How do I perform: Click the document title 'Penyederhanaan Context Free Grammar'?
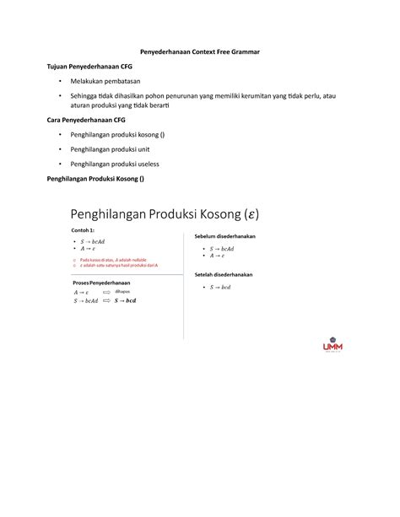coord(200,52)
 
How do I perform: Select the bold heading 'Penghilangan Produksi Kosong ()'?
coord(95,179)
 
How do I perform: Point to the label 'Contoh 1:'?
coord(84,229)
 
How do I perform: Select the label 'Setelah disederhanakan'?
coord(224,275)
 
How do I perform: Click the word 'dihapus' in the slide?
coord(123,291)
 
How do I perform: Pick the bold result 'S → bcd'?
coord(125,300)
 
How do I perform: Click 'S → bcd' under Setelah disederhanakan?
coord(219,288)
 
